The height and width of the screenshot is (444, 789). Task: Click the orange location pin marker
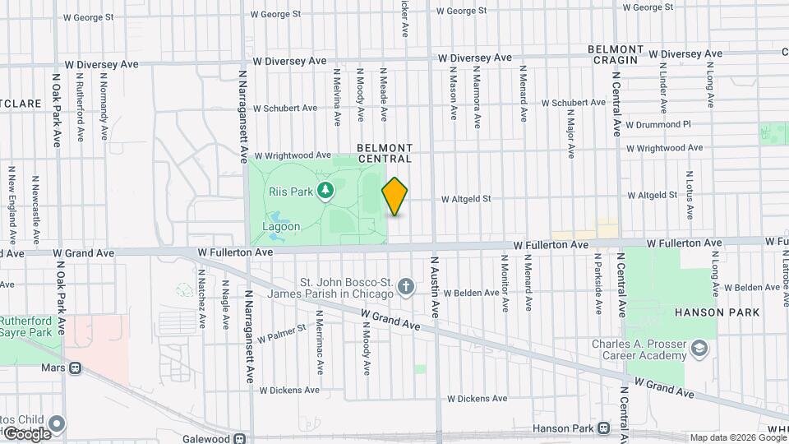point(394,197)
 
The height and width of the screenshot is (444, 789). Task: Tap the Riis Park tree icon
point(326,191)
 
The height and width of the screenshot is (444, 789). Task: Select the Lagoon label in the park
point(281,226)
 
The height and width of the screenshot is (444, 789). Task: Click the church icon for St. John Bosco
point(404,287)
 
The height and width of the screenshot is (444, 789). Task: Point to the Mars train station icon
point(76,368)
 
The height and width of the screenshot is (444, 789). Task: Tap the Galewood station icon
point(239,439)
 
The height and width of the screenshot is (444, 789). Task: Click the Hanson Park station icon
point(604,428)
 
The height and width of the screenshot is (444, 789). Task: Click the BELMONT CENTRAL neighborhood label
point(385,153)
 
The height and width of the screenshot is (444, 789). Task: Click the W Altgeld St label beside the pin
point(466,198)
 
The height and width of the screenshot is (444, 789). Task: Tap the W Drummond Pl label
point(658,124)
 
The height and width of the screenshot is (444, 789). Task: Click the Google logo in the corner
point(26,432)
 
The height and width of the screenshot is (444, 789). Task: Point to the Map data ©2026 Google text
point(736,437)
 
